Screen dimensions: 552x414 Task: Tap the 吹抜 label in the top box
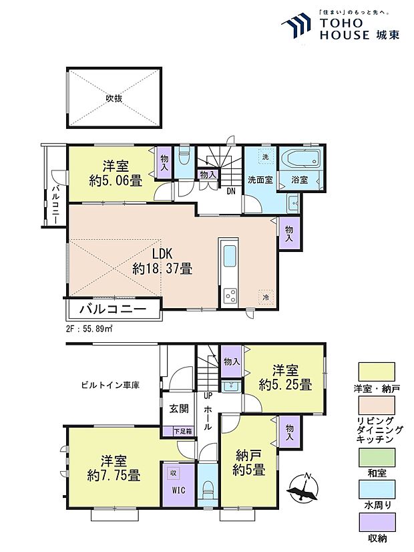pos(114,98)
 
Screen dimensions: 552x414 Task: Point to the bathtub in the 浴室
pos(302,161)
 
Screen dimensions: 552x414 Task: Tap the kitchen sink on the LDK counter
pos(229,255)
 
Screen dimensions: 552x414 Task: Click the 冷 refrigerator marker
pos(265,297)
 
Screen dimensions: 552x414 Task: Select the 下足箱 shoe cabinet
pos(182,431)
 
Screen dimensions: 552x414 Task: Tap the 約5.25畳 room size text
pos(285,385)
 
